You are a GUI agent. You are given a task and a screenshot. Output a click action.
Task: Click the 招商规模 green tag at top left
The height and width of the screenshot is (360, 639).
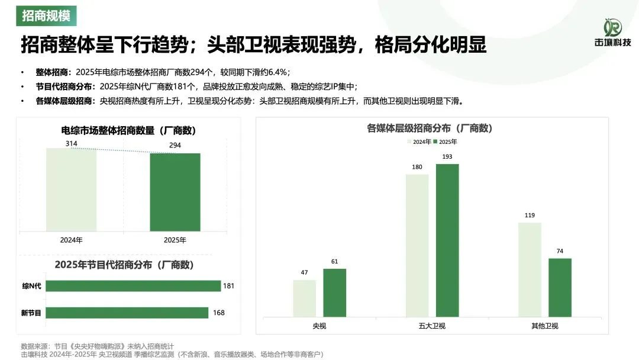[46, 15]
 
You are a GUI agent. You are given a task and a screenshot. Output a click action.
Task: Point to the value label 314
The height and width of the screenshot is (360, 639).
[71, 143]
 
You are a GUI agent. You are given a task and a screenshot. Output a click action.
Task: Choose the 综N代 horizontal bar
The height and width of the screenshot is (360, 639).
[133, 286]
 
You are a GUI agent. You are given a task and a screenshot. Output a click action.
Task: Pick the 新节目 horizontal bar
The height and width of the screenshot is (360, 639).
[127, 313]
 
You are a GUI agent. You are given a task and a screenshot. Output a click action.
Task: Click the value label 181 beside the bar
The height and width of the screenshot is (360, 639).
[229, 286]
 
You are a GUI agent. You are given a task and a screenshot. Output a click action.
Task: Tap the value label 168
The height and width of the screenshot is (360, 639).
[218, 313]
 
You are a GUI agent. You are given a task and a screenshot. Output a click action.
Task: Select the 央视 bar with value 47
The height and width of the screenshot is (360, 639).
[305, 298]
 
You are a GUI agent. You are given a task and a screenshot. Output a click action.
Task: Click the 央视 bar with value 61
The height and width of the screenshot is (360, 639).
[335, 292]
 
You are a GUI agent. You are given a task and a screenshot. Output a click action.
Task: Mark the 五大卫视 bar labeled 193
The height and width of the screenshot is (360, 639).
[447, 240]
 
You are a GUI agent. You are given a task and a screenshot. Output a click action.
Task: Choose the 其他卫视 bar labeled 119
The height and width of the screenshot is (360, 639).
[530, 269]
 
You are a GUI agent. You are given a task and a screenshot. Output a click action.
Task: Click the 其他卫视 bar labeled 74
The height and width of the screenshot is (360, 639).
[560, 287]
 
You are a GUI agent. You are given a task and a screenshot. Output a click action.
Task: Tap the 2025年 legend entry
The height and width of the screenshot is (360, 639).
[445, 142]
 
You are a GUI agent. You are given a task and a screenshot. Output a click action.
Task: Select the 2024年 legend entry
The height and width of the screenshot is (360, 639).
[419, 142]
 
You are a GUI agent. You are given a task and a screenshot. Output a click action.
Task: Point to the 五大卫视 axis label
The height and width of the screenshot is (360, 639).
[432, 326]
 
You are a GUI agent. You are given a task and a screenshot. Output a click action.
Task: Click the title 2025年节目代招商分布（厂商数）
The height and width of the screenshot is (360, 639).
[124, 265]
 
